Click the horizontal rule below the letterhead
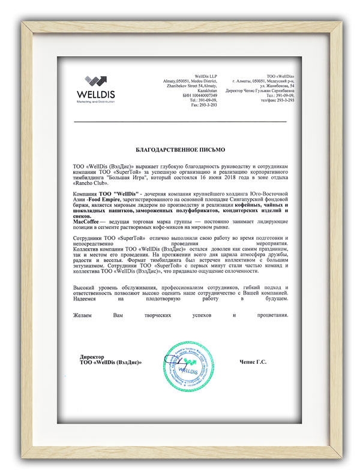[180, 122]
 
